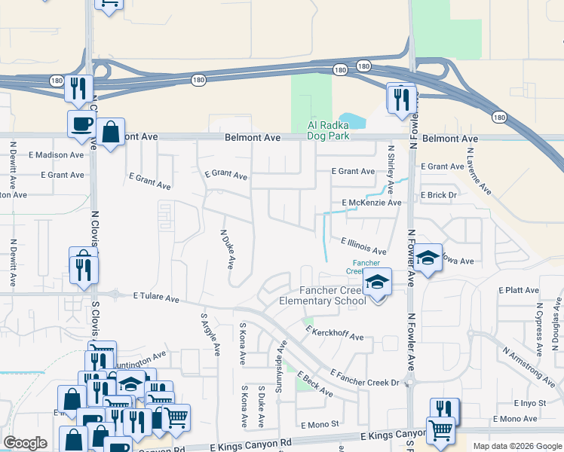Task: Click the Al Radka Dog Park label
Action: tap(328, 131)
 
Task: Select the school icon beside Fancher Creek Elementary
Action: tap(377, 282)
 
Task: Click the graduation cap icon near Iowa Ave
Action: tap(428, 258)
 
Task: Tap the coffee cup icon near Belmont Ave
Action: tap(81, 124)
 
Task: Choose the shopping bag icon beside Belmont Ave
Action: tap(110, 133)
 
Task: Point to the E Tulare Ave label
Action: tap(157, 298)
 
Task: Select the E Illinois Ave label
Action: tap(364, 246)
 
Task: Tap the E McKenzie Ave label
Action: tap(371, 203)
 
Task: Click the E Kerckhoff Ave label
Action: tap(334, 332)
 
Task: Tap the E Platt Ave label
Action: tap(519, 290)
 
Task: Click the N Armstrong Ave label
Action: tap(529, 362)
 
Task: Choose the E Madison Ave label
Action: tap(57, 155)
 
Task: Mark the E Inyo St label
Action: tap(529, 403)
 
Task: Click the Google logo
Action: tap(25, 443)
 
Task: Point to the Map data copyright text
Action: tap(516, 446)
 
